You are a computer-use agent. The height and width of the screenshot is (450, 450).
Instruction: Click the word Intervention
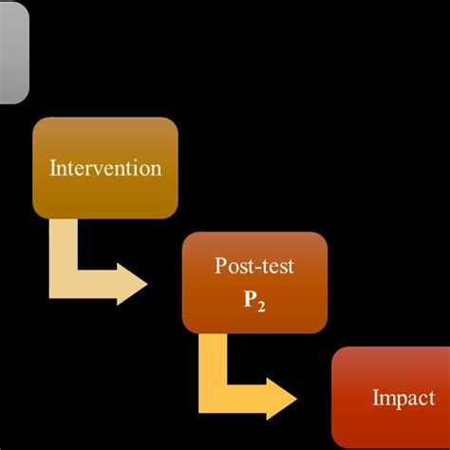(105, 169)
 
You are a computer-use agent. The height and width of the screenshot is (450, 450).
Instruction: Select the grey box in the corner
(13, 51)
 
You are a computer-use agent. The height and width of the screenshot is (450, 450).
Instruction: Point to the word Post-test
(254, 267)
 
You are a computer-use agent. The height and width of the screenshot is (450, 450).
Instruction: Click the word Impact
(404, 400)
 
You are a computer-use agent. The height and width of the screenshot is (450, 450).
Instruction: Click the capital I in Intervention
(52, 169)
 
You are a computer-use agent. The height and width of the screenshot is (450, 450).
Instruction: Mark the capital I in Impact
(376, 400)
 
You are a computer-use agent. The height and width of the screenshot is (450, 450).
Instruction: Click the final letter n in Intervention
(157, 170)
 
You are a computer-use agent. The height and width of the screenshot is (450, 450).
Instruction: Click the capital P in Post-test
(221, 267)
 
